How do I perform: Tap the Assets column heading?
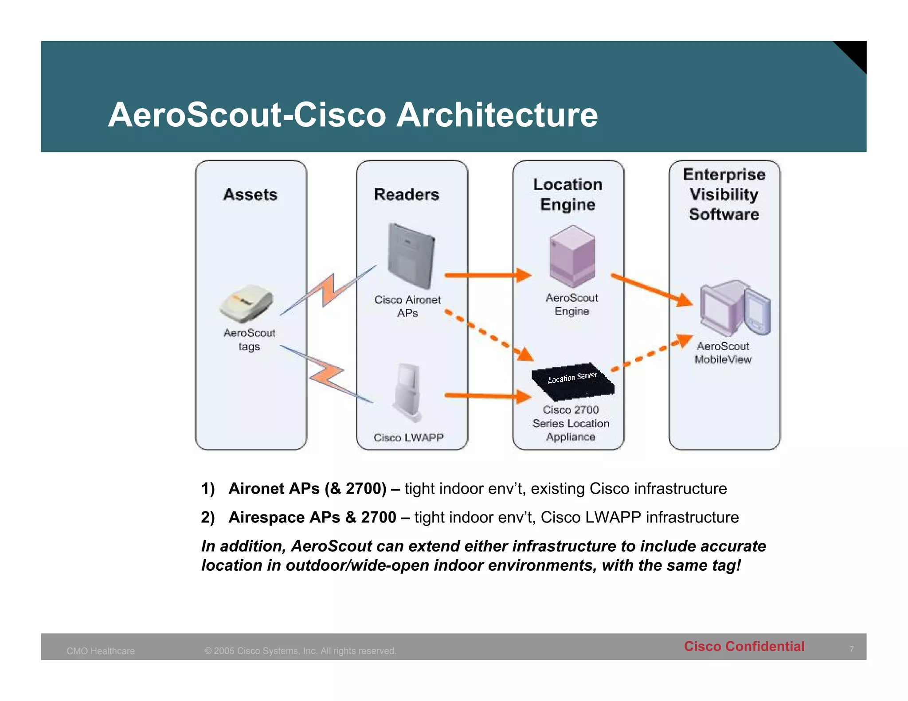coord(250,195)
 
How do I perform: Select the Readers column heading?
coord(407,195)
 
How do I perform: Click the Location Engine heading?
coord(567,195)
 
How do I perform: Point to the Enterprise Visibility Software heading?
coord(724,195)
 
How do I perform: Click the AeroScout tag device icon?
coord(247,304)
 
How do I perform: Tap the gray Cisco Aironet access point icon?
coord(411,256)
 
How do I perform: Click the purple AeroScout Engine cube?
coord(572,256)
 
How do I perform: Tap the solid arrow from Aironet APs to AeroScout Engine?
coord(488,275)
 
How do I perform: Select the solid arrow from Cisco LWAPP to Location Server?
coord(488,396)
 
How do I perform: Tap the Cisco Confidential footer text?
coord(744,646)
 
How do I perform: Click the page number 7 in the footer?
coord(851,649)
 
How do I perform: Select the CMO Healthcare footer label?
coord(101,651)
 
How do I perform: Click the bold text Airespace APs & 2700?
coord(312,517)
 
